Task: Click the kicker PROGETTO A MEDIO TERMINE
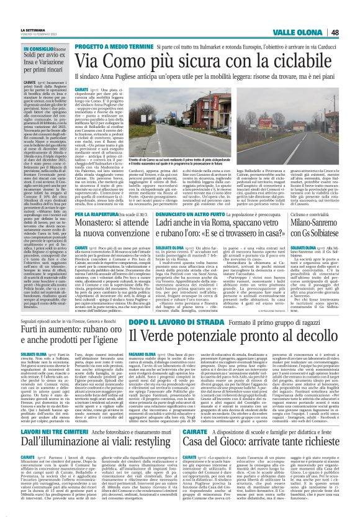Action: click(x=119, y=46)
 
